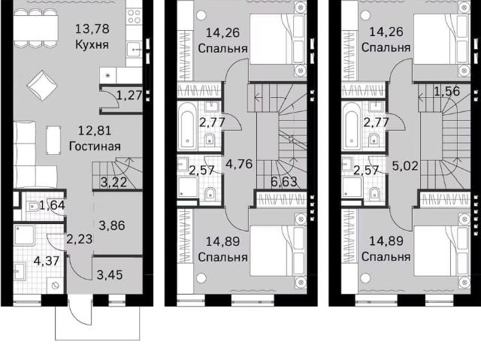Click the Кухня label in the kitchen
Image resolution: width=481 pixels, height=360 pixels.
[x=92, y=45]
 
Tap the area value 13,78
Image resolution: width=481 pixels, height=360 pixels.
[x=92, y=29]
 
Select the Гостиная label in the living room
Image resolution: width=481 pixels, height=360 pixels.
[x=95, y=147]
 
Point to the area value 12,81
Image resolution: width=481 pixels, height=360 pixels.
[x=95, y=131]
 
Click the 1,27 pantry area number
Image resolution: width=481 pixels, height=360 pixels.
[x=129, y=95]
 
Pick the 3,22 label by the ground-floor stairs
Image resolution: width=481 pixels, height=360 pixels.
[x=113, y=182]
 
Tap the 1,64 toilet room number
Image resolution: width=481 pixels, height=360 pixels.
[x=52, y=205]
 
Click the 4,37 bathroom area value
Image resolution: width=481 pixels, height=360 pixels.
[x=47, y=262]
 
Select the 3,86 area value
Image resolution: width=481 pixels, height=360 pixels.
[x=112, y=225]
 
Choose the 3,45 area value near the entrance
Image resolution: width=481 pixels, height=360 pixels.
[x=110, y=275]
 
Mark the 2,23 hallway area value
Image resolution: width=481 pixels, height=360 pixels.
[x=79, y=239]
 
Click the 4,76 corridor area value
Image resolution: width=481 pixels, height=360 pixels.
[x=239, y=164]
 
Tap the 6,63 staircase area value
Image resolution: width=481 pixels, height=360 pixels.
[x=284, y=182]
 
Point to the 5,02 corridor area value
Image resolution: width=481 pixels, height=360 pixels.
[x=405, y=166]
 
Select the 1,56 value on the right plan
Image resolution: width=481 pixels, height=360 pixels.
[x=446, y=91]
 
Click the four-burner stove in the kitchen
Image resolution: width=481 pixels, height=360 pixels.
[x=135, y=17]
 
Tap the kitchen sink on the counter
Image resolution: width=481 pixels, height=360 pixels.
[x=135, y=50]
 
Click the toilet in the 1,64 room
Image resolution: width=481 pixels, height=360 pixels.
[x=33, y=207]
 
